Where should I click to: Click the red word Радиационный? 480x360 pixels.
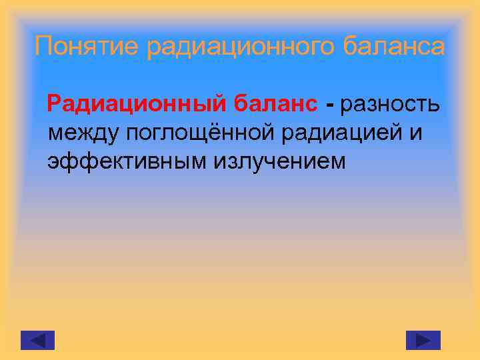pos(137,104)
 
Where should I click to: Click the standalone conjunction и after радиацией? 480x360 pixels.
pos(416,133)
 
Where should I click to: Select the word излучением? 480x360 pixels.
pos(280,161)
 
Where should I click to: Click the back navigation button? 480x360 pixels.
pos(37,340)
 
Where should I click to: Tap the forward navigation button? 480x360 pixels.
pos(423,340)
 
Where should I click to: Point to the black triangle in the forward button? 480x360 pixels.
pos(424,340)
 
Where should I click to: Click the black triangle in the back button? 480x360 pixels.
pos(37,340)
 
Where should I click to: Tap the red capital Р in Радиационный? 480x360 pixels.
pos(54,104)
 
